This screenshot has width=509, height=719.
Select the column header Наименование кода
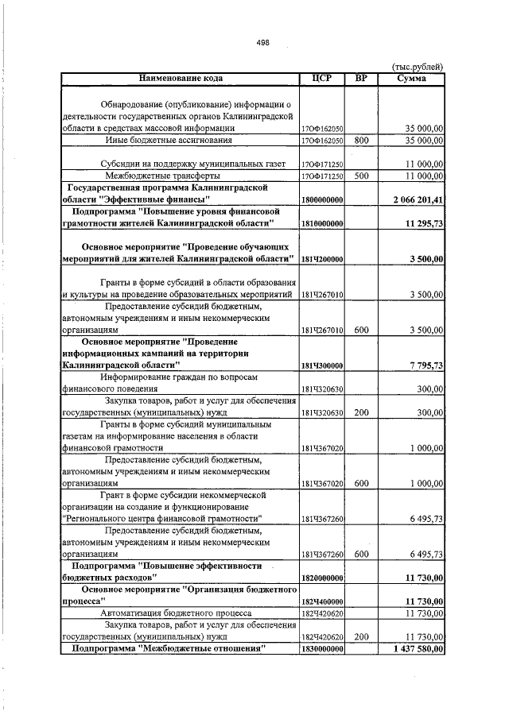tap(181, 78)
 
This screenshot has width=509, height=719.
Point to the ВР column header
tap(361, 78)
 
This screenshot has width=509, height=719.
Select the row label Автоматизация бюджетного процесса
tap(176, 613)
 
